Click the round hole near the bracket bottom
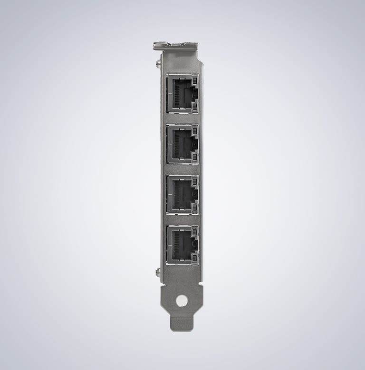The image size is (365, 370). [x=182, y=300]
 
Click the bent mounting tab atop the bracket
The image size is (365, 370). [x=175, y=46]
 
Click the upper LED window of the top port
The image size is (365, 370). [x=194, y=79]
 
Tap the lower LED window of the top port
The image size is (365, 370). [x=194, y=108]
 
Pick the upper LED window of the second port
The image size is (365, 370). [x=194, y=129]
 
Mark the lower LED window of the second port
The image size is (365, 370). [x=194, y=159]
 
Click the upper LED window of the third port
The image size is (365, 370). [x=194, y=180]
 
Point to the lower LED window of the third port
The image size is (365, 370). [x=194, y=209]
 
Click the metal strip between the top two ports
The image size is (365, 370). [x=182, y=119]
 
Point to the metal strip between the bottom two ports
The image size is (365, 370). [x=182, y=220]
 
